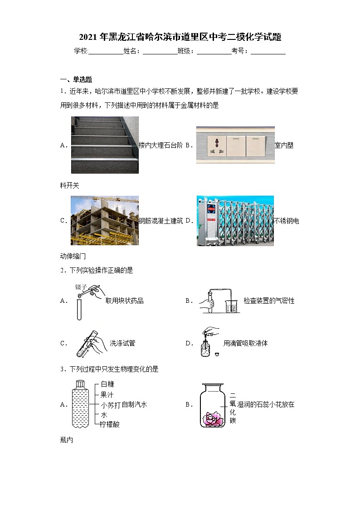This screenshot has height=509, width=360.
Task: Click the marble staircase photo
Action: tap(105, 145)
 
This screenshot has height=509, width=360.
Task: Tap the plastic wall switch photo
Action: tap(235, 145)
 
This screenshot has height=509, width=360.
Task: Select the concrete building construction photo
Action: tap(105, 220)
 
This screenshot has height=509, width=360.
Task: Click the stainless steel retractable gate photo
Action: tap(235, 221)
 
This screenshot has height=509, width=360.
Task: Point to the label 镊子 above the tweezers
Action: tap(81, 286)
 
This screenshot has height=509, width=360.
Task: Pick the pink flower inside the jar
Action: tap(212, 418)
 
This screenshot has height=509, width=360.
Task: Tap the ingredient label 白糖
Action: tap(107, 384)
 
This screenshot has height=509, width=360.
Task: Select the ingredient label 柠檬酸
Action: tap(110, 425)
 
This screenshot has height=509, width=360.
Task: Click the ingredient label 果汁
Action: tap(107, 394)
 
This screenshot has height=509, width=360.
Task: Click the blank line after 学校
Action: tap(106, 52)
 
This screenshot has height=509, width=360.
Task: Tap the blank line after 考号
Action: tap(268, 52)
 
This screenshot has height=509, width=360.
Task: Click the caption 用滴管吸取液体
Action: tap(245, 343)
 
